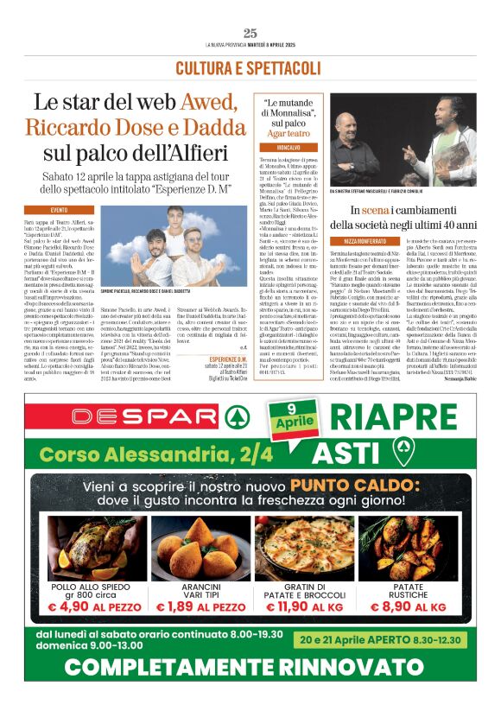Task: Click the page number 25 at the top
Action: (x=250, y=34)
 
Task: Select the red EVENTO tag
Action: (x=60, y=210)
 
